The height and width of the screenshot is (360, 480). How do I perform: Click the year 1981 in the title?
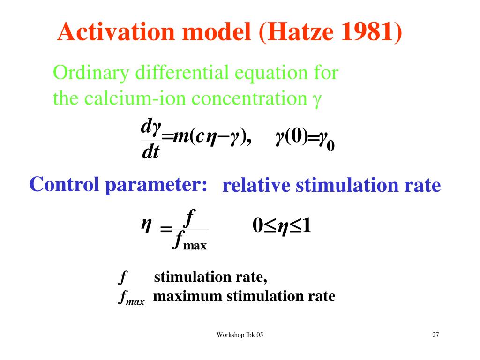click(366, 31)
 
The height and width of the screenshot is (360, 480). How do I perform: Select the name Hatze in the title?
click(300, 31)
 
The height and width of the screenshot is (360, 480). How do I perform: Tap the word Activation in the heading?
click(116, 31)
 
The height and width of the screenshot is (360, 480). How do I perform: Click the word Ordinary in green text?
click(91, 73)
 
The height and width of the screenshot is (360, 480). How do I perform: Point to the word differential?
click(182, 73)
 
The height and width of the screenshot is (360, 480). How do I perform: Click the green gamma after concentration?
click(317, 100)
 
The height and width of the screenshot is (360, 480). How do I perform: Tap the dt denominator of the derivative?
click(150, 152)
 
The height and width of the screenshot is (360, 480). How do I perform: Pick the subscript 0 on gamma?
click(330, 146)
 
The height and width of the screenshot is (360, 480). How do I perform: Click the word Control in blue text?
click(64, 185)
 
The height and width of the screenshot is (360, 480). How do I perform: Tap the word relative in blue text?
click(256, 186)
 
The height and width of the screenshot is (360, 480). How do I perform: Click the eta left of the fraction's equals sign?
click(146, 225)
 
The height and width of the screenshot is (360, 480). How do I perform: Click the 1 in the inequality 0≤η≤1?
click(307, 225)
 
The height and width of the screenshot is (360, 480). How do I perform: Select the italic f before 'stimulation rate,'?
click(123, 277)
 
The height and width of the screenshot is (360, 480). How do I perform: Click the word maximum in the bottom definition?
click(187, 296)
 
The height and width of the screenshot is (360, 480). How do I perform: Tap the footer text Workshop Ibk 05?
click(240, 335)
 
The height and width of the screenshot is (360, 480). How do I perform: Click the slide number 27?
click(435, 335)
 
